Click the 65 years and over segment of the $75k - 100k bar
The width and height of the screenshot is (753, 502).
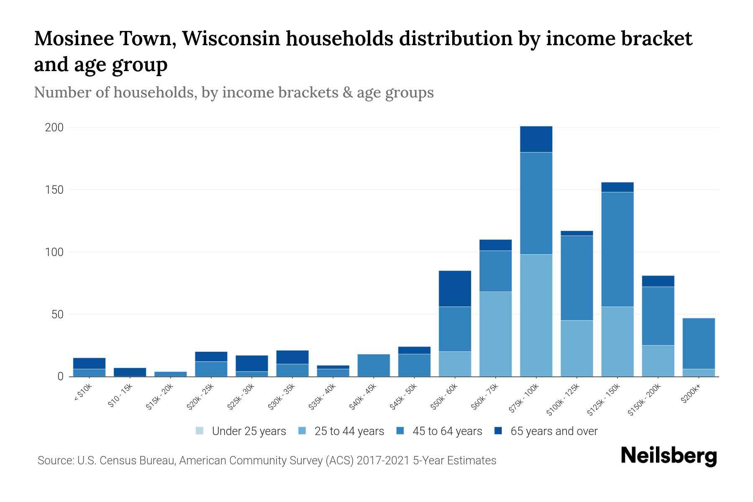536,139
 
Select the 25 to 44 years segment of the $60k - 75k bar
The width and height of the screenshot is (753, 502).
495,334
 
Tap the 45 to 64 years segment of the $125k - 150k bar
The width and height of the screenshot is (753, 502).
617,249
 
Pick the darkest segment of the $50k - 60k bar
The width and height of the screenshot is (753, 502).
455,289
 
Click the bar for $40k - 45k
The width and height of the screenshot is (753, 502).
374,365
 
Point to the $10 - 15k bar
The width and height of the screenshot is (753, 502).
130,372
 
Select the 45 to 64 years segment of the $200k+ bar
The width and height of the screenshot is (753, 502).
698,343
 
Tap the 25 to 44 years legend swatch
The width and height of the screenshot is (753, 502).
302,431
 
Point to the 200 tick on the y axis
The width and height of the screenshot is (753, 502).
54,128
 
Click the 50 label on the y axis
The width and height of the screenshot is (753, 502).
57,315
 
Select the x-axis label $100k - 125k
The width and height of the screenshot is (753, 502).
563,399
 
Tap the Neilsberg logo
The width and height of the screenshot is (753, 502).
668,456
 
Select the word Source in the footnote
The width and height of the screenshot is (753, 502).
55,461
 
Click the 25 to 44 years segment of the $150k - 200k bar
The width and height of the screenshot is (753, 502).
658,361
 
